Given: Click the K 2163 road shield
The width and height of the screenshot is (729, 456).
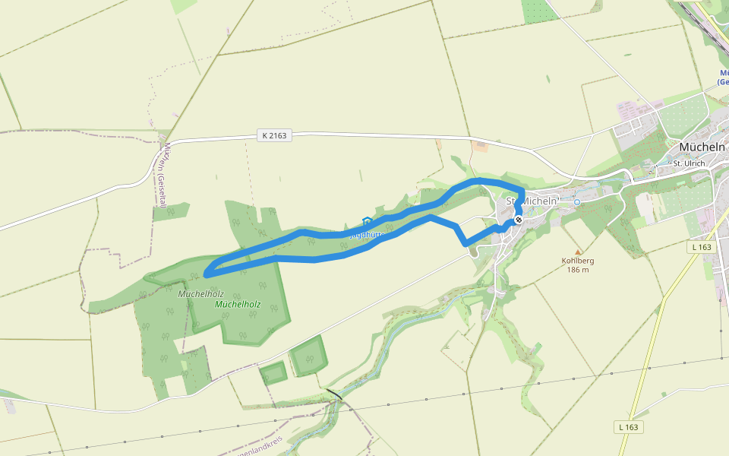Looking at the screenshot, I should tap(275, 135).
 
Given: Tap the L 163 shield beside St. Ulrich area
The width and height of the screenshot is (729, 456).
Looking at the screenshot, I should tap(702, 247).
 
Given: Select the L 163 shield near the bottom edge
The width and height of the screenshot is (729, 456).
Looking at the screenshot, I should tap(630, 427).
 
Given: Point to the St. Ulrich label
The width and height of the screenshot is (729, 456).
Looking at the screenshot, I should tap(689, 163).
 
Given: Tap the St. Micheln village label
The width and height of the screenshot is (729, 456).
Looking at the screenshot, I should tap(532, 201).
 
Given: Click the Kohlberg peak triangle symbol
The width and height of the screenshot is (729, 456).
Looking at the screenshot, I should tap(578, 252).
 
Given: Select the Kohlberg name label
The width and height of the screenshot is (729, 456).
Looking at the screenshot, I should tap(578, 261).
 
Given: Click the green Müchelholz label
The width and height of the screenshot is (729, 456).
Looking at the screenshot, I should tap(238, 304).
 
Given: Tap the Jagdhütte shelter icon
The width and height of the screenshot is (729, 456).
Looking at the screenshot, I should tap(368, 222).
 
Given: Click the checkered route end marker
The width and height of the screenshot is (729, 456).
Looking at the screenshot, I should tap(519, 220).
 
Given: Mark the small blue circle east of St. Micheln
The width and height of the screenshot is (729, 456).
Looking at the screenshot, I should tap(576, 202).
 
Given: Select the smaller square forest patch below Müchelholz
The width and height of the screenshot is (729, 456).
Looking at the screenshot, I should tap(273, 372).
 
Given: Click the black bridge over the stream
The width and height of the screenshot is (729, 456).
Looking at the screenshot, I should tap(334, 394).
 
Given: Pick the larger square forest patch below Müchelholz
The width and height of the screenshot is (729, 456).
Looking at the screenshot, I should tap(309, 356).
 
